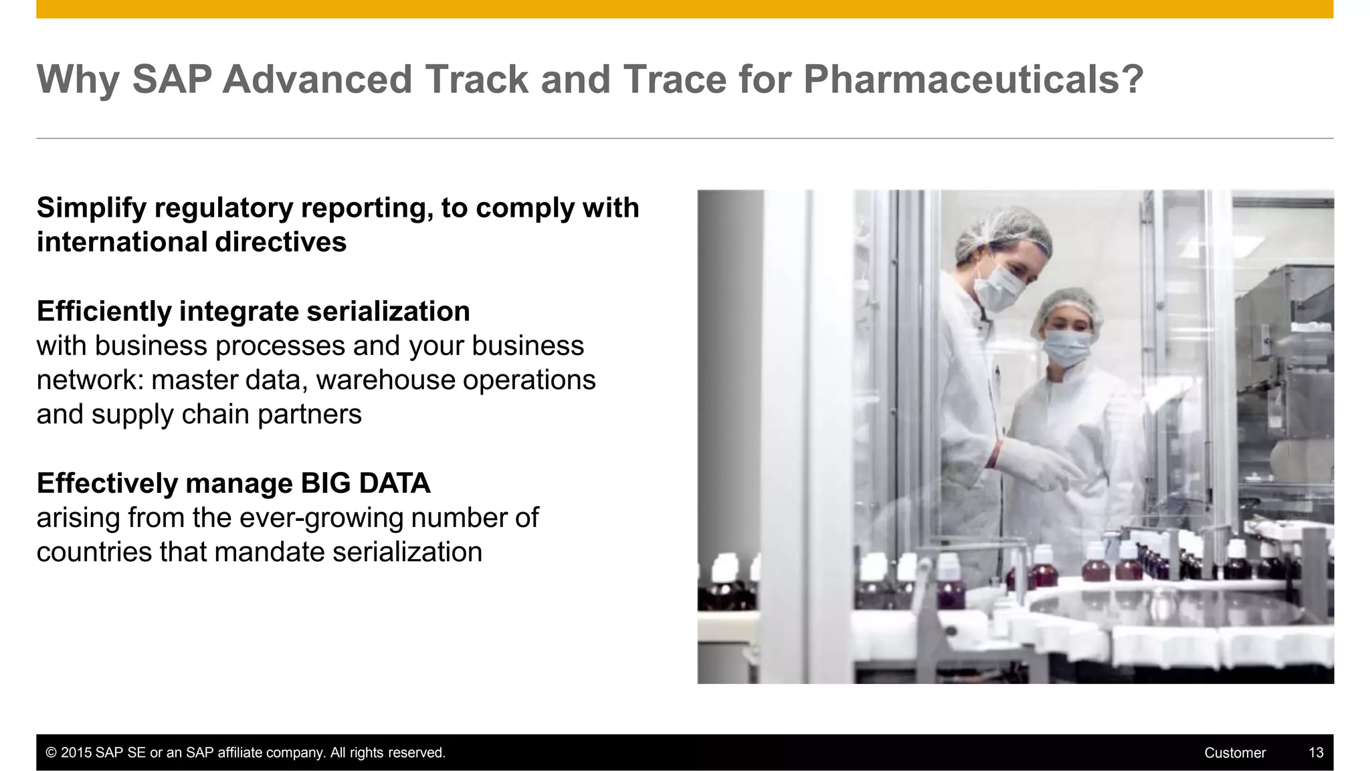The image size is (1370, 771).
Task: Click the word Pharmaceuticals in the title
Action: [973, 80]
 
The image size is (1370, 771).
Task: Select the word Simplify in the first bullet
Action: [91, 208]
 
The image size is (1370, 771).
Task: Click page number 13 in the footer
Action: [1315, 753]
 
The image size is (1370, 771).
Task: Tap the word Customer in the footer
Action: [1234, 753]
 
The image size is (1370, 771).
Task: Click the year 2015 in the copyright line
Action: [76, 753]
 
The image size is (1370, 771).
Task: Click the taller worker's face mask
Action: [998, 286]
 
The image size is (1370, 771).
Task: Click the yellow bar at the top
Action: [684, 9]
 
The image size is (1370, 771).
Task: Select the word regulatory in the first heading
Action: [223, 208]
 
